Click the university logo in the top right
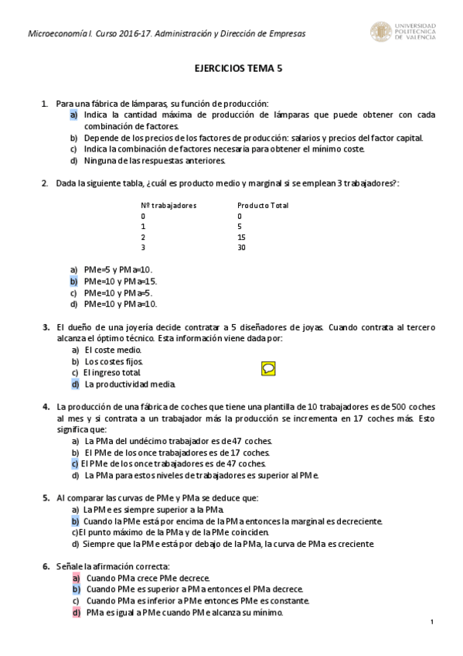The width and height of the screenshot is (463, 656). [403, 32]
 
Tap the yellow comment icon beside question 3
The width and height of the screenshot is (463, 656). [268, 368]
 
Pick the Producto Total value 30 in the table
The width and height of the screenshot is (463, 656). [242, 248]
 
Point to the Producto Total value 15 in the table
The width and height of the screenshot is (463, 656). [242, 237]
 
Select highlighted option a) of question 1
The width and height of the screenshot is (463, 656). [73, 114]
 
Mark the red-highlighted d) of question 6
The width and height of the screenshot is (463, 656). [76, 613]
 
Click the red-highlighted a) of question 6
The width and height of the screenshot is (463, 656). [76, 578]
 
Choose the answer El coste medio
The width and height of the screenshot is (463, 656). [113, 350]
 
